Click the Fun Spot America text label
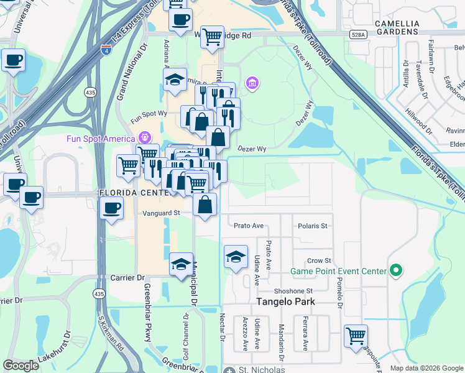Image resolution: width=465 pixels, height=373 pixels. coord(101,138)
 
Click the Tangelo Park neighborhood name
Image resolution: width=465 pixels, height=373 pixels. coord(287,302)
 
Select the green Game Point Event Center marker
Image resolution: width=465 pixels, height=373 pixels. coord(394,270)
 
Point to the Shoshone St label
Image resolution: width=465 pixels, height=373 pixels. coord(296,291)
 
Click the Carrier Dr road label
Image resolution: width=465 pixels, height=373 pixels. coord(127,277)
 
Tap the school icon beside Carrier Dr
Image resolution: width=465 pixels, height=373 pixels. coord(181,263)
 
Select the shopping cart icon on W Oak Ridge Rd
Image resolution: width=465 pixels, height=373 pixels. coord(213,37)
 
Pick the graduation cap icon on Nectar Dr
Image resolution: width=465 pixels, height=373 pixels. coord(236,257)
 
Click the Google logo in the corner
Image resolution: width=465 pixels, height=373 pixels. coord(21,366)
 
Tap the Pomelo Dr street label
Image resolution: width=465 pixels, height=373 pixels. coord(340,293)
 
